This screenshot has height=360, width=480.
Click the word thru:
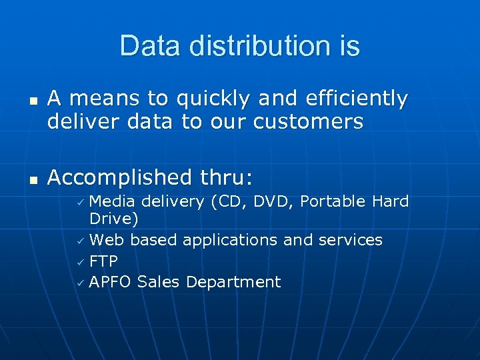point(226,177)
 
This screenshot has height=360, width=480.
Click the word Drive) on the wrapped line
point(113,219)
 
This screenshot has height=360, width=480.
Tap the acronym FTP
point(103,261)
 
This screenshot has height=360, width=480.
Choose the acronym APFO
point(111,282)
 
